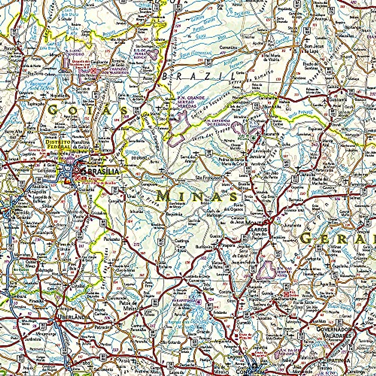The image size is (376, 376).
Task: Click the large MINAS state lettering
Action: click(x=197, y=196)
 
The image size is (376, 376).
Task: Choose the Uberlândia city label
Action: click(x=73, y=317)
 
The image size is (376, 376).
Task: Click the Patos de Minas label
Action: click(x=129, y=305)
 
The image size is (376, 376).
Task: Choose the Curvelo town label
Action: click(x=243, y=322)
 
